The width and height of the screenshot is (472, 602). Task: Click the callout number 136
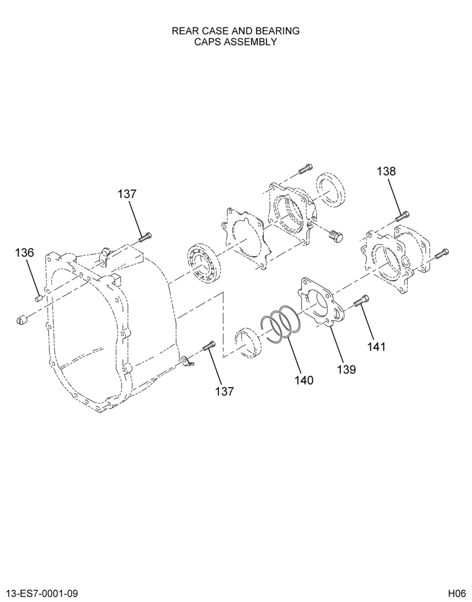click(x=25, y=253)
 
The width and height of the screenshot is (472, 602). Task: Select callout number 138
click(x=386, y=171)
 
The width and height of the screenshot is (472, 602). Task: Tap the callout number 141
click(x=376, y=347)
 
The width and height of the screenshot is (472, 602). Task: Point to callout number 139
click(x=347, y=370)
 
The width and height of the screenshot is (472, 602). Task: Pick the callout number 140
click(x=304, y=380)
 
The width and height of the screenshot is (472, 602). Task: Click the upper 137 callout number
click(x=127, y=194)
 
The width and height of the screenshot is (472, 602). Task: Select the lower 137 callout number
click(x=225, y=391)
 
